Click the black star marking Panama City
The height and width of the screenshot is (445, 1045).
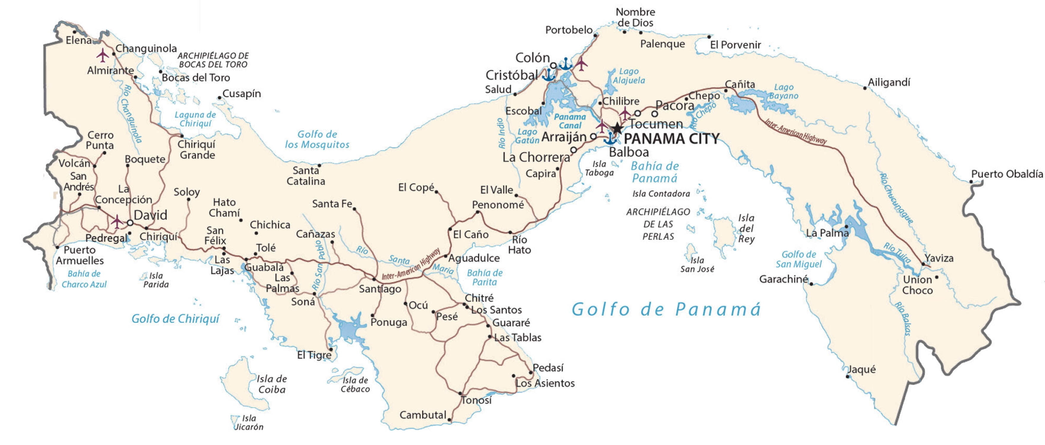pyautogui.click(x=617, y=128)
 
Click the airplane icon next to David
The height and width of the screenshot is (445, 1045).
pyautogui.click(x=117, y=222)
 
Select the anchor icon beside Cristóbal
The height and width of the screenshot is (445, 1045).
pyautogui.click(x=549, y=75)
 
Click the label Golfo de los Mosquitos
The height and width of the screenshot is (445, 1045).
pyautogui.click(x=317, y=139)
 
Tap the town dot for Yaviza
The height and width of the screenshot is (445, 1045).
pyautogui.click(x=923, y=264)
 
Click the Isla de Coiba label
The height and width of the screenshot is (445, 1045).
pyautogui.click(x=271, y=384)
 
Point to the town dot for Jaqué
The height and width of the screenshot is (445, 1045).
pyautogui.click(x=847, y=376)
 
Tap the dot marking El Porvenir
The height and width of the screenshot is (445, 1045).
pyautogui.click(x=709, y=37)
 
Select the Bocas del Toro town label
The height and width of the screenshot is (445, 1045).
pyautogui.click(x=196, y=77)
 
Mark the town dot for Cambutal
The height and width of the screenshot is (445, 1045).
pyautogui.click(x=449, y=420)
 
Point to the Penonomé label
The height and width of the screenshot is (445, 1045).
pyautogui.click(x=498, y=205)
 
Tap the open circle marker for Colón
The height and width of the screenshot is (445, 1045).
pyautogui.click(x=553, y=65)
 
